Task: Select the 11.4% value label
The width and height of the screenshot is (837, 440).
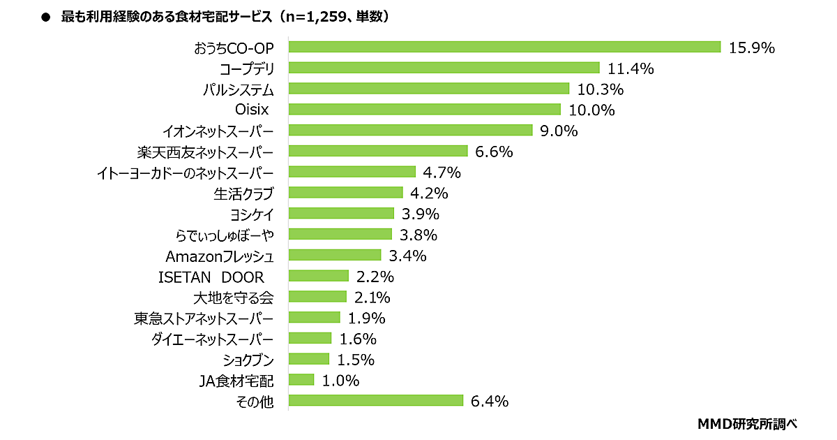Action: coord(631,68)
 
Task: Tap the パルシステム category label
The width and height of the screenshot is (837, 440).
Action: coord(238,89)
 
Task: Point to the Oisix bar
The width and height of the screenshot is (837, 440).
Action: coord(424,110)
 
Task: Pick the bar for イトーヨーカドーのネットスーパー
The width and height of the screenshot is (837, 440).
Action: coord(352,172)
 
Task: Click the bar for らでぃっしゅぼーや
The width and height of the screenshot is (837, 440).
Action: coord(340,234)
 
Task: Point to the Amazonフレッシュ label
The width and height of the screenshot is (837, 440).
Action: coord(219,255)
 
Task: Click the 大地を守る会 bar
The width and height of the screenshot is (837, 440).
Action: coord(317,297)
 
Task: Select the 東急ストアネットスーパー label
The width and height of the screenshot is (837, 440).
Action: coord(204,318)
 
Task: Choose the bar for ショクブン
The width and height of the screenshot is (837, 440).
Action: coord(308,359)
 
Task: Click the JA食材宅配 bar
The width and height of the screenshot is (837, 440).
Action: coord(301,380)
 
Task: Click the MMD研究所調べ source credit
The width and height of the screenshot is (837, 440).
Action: coord(747,423)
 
